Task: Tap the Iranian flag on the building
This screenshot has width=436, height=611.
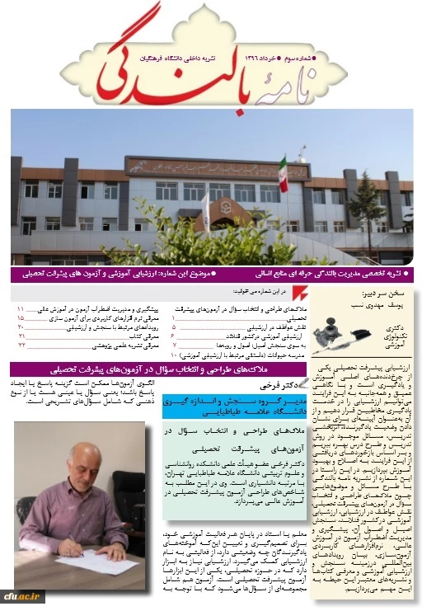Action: tap(283, 175)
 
